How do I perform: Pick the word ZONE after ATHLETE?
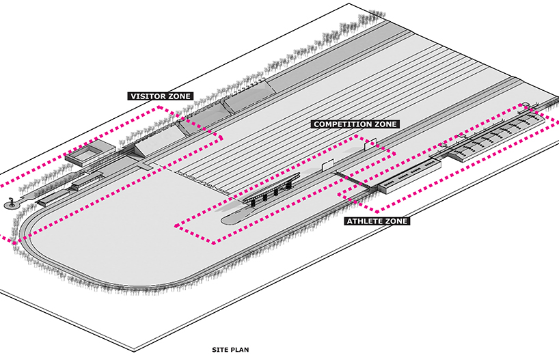point(396,221)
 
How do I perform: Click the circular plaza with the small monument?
point(12,205)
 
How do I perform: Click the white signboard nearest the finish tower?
point(327,165)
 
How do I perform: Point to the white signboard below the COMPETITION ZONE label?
point(370,144)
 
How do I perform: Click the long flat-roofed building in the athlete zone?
point(409,177)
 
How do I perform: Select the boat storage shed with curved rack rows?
point(496,137)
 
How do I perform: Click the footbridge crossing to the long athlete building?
point(354,180)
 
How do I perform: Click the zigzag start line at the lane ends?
point(203,182)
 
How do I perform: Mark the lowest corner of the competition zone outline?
point(214,243)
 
